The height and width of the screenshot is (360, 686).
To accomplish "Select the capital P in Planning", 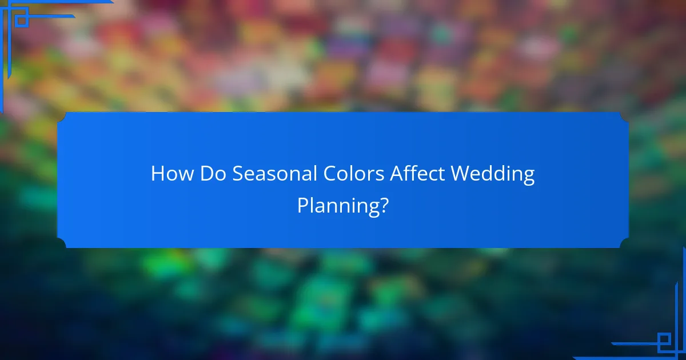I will [302, 206].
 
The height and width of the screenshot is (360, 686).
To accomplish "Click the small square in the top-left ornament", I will [21, 20].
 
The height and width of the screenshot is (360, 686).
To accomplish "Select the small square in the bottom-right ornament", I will [664, 341].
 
